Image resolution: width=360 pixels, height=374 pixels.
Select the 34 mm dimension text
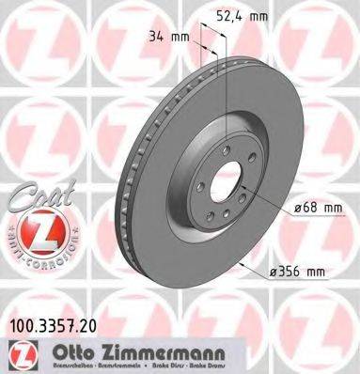[165, 37]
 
